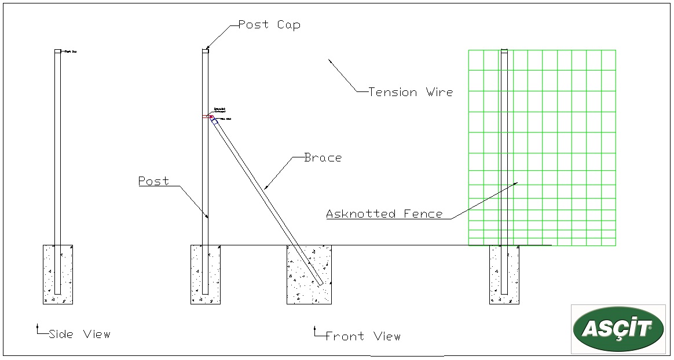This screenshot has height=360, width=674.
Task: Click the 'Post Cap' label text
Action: point(269,25)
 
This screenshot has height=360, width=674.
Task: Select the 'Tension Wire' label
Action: point(411,92)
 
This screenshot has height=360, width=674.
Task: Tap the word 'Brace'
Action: point(323,157)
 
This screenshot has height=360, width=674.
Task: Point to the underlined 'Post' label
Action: point(153,181)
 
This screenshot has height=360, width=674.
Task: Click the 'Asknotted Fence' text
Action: point(384,214)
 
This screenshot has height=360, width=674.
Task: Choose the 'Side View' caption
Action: point(79,334)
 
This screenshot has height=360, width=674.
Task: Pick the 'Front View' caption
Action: point(362,336)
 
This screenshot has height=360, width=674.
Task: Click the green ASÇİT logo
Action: point(618,329)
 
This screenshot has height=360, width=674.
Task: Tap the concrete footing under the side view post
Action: point(58,274)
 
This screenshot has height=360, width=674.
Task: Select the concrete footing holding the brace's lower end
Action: point(309,274)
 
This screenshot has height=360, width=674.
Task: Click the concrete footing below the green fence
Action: point(504,275)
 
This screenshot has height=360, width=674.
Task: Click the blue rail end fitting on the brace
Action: point(215,120)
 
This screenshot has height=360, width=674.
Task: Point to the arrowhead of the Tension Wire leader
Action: point(329,60)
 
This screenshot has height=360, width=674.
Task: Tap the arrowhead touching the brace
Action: point(265,188)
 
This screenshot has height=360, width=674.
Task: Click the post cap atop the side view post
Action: point(57,52)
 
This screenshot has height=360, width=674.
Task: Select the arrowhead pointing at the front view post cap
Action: point(207,47)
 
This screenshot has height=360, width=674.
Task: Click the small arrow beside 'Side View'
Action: point(38,327)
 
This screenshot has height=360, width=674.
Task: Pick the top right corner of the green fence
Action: point(616,50)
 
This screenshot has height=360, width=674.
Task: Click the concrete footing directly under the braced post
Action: point(206,274)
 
